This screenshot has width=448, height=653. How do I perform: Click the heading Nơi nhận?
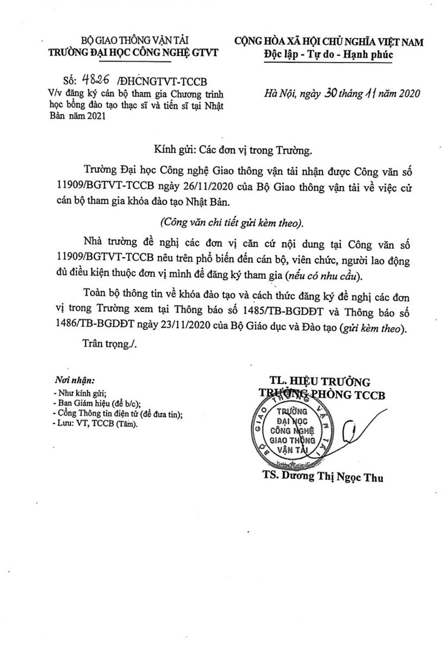tap(74, 380)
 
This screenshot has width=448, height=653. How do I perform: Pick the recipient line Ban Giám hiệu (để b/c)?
tap(98, 403)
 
